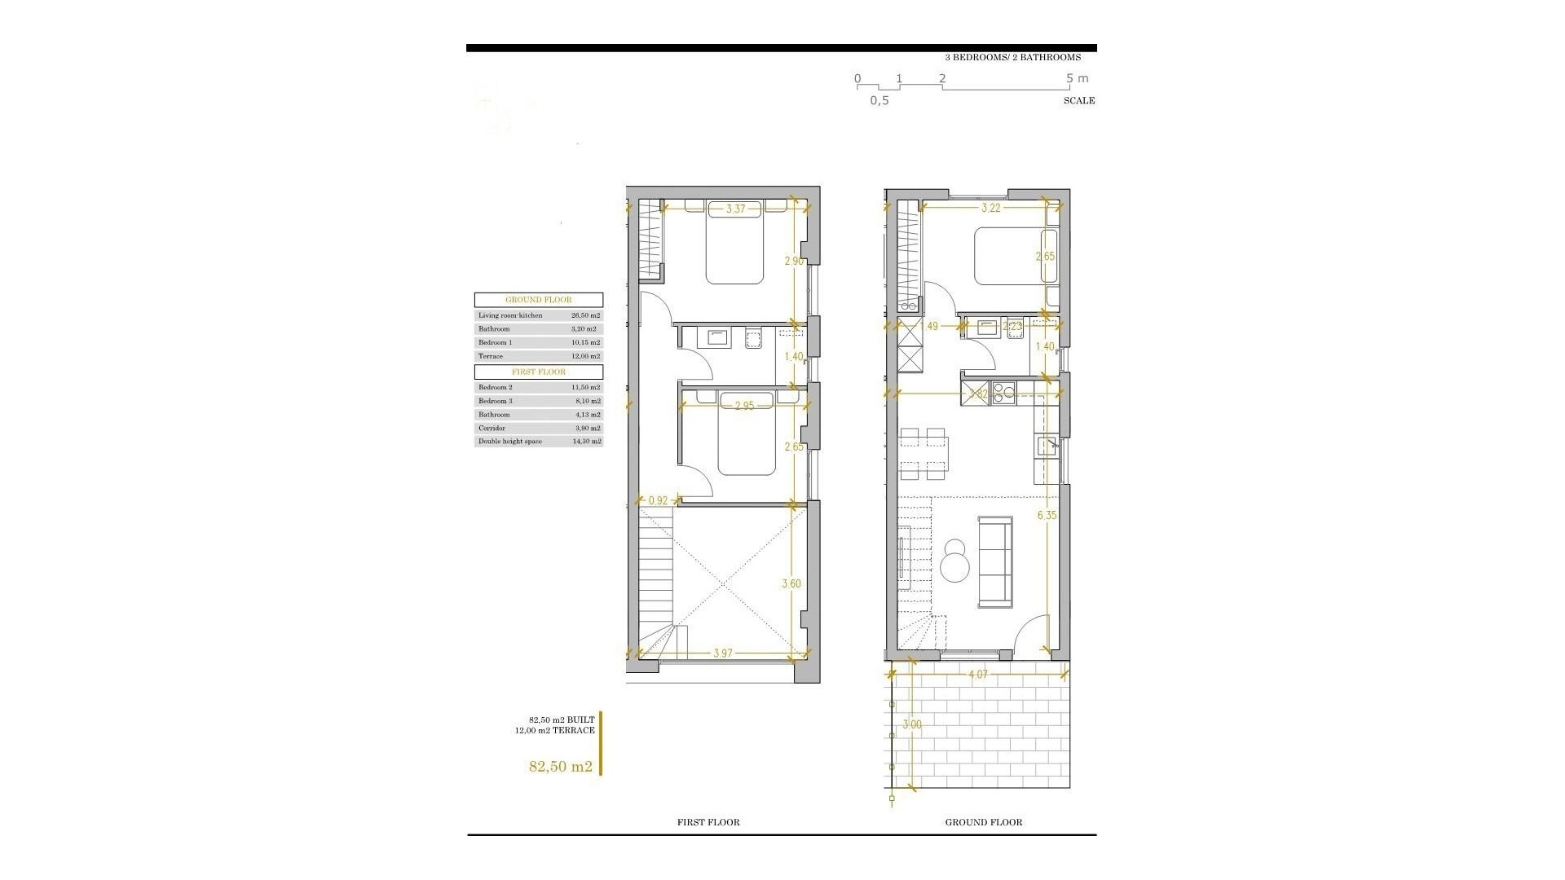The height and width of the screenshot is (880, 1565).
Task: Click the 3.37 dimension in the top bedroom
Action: click(x=735, y=209)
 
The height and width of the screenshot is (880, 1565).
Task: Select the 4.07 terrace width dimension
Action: click(x=978, y=675)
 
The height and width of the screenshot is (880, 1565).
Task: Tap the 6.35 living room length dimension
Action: click(x=1047, y=515)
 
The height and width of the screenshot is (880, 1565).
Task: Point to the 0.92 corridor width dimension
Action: click(x=657, y=500)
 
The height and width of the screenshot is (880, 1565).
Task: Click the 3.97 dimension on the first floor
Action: click(x=723, y=653)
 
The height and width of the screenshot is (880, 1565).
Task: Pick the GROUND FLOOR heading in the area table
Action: click(x=539, y=300)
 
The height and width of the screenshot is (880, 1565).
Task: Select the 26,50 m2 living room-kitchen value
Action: click(x=585, y=315)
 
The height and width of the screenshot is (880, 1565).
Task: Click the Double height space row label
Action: click(x=510, y=442)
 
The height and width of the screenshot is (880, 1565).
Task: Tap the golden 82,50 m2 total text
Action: click(x=561, y=767)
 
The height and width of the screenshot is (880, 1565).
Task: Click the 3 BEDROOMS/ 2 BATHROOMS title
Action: click(x=1012, y=58)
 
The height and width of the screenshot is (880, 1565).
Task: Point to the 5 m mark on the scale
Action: click(x=1077, y=79)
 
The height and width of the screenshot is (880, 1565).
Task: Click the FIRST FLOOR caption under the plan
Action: click(x=708, y=823)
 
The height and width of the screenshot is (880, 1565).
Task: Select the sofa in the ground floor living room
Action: click(x=994, y=561)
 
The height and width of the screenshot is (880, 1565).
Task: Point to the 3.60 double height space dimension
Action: click(x=791, y=584)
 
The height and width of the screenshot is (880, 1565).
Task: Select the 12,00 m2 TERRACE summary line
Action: click(x=554, y=731)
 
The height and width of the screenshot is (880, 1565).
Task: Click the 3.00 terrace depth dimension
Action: click(x=913, y=725)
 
